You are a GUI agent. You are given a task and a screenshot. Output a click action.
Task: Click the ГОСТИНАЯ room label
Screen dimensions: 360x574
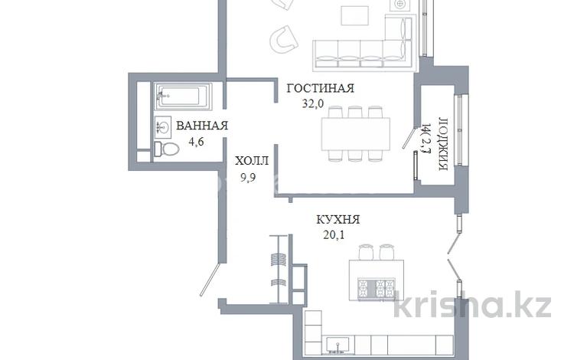(x=320, y=88)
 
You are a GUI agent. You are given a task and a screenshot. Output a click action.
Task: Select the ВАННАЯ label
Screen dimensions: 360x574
(x=202, y=126)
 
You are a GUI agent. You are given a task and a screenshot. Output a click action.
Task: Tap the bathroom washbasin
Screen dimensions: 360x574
(x=163, y=126)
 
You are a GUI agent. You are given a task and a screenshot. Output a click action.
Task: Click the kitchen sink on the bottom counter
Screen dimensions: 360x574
(x=334, y=345)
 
